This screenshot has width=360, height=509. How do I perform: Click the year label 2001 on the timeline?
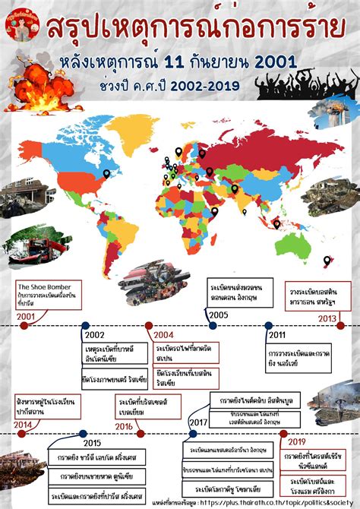click(25, 316)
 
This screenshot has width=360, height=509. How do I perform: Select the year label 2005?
click(219, 315)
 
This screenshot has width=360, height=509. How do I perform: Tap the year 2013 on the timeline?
click(327, 318)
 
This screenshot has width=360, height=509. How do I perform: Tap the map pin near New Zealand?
click(327, 261)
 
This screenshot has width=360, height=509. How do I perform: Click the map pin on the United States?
click(106, 174)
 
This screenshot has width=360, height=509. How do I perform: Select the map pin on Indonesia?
click(276, 224)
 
